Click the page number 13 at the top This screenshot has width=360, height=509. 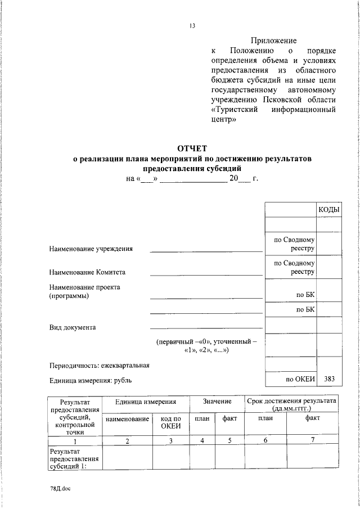click(x=192, y=25)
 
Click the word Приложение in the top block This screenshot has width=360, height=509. click(x=273, y=40)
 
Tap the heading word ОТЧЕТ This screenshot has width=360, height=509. click(x=192, y=148)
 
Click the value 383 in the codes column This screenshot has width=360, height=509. click(x=329, y=380)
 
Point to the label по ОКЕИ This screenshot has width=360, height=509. click(x=300, y=380)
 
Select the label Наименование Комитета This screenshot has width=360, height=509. click(x=87, y=272)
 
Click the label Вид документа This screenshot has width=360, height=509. click(x=73, y=327)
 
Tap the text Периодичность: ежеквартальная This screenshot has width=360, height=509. click(x=99, y=366)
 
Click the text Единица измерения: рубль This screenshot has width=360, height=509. click(x=91, y=380)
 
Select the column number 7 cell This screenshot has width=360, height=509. click(x=312, y=440)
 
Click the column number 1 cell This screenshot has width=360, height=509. click(x=74, y=441)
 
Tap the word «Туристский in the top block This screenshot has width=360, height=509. click(x=235, y=109)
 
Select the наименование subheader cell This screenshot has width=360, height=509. click(x=127, y=419)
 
